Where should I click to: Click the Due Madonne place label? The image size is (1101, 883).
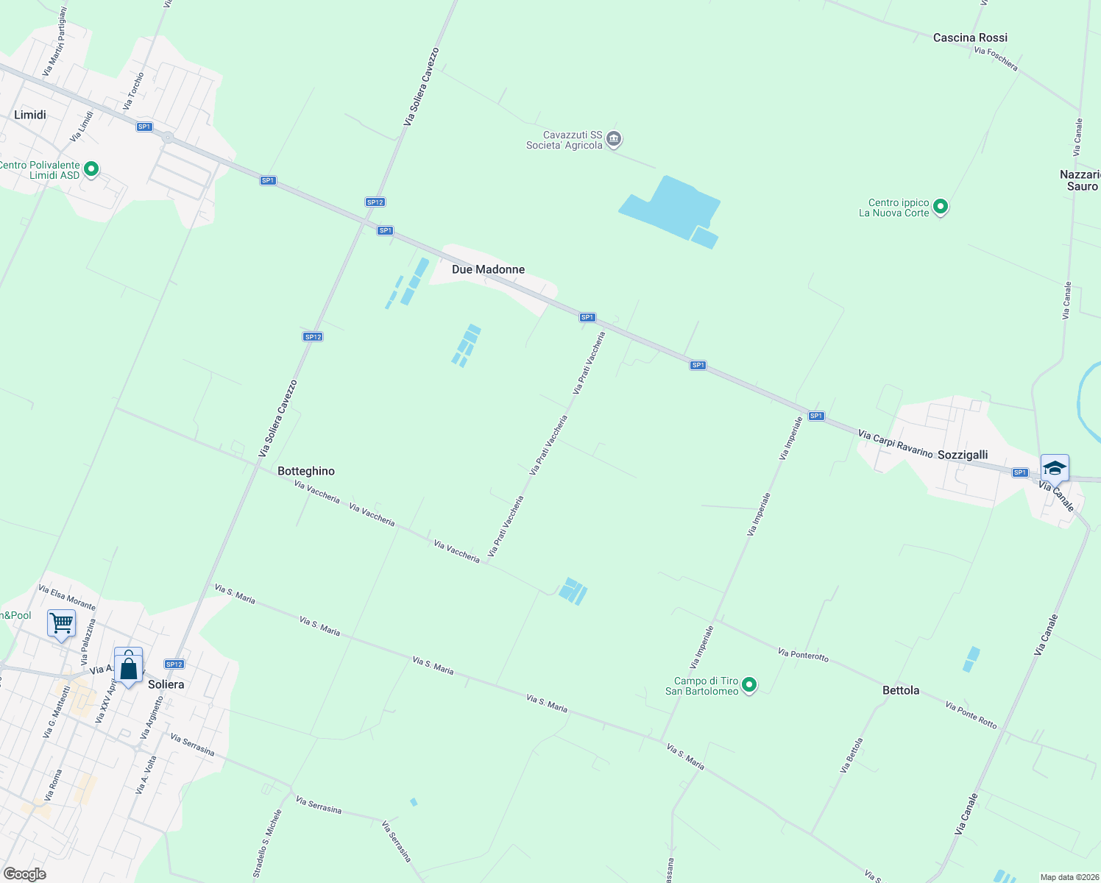[x=488, y=269]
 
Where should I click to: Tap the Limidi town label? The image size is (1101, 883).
[x=30, y=115]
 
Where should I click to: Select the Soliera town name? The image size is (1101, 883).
[x=166, y=684]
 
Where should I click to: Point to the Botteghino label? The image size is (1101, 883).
[x=306, y=471]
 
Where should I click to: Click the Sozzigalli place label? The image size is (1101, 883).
[x=963, y=455]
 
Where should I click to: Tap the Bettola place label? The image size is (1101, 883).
[x=901, y=690]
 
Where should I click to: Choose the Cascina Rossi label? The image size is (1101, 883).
[x=970, y=38]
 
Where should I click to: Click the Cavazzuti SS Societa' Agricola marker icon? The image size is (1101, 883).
[x=614, y=139]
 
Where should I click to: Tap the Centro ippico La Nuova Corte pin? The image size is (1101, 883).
[x=941, y=207]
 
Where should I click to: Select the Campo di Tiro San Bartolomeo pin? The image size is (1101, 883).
[x=749, y=685]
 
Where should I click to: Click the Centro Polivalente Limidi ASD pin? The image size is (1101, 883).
[x=91, y=169]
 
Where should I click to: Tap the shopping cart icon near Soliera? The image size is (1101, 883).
[x=62, y=623]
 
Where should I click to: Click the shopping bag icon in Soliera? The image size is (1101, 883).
[x=129, y=668]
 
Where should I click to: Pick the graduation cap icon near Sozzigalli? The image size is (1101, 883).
[x=1054, y=468]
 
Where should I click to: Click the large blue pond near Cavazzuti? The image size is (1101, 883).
[x=673, y=206]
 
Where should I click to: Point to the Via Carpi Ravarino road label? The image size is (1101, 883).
[x=895, y=444]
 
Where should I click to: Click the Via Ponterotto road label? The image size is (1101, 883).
[x=803, y=654]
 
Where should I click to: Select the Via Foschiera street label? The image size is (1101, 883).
[x=996, y=60]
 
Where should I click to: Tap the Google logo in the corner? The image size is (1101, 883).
[x=25, y=873]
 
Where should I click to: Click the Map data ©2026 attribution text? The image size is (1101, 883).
[x=1069, y=877]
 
